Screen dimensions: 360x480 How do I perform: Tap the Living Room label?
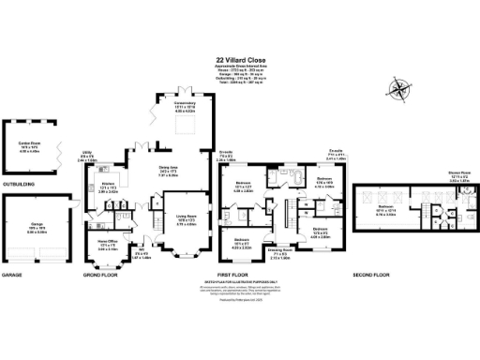pyautogui.click(x=187, y=222)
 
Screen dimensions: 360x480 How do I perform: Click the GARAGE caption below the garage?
pyautogui.click(x=12, y=276)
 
